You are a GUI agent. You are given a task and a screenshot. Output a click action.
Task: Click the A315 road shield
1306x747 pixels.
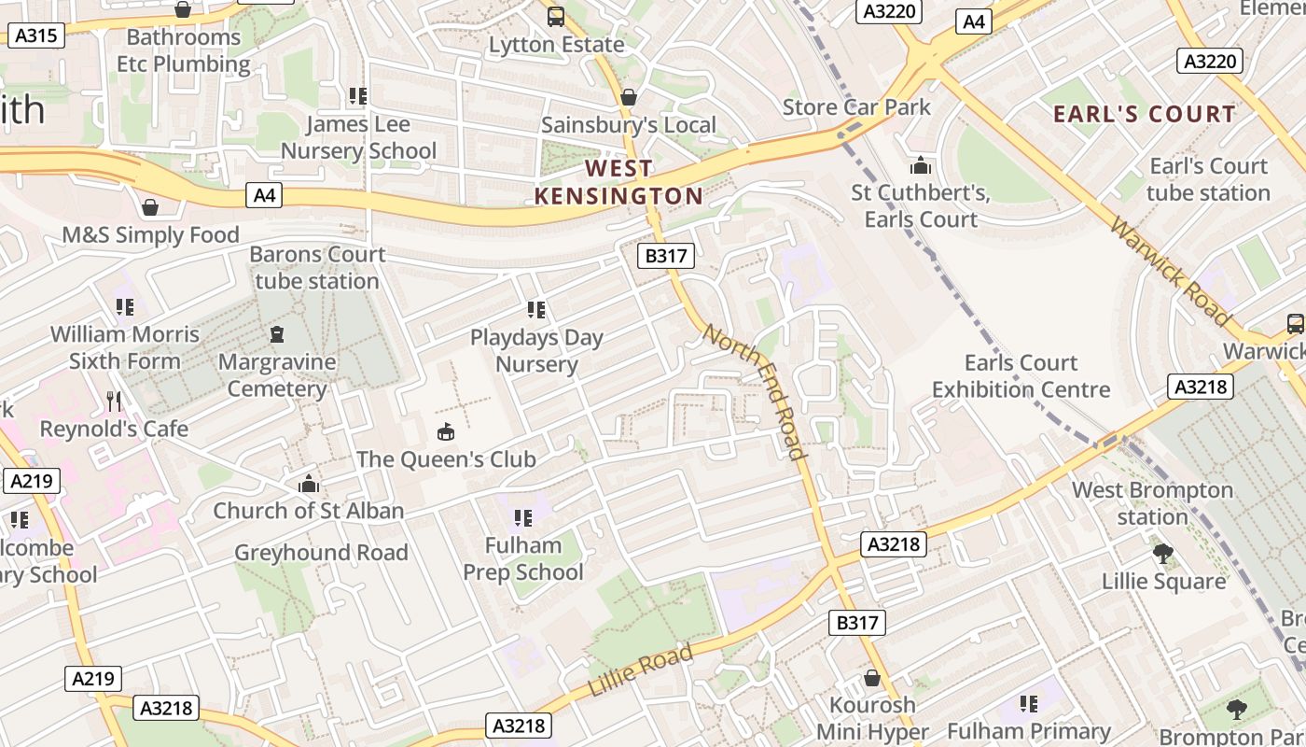tap(36, 36)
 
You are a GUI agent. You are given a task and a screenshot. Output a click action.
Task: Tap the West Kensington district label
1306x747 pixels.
tap(618, 182)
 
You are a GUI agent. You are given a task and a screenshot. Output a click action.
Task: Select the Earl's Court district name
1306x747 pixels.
tap(1144, 114)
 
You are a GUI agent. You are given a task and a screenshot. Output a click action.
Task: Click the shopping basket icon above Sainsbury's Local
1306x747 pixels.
tap(629, 97)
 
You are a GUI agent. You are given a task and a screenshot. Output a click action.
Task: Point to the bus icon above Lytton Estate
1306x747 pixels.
tap(556, 16)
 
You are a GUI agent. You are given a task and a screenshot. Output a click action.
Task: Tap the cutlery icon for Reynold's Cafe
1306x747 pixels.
tap(114, 402)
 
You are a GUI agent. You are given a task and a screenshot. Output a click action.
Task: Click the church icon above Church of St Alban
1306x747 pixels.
tap(309, 484)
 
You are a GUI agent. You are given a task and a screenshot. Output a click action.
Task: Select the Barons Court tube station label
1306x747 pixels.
tap(317, 267)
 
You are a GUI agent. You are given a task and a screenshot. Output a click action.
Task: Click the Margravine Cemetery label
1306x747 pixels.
tap(277, 374)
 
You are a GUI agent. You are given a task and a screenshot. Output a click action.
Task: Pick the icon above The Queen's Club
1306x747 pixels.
tap(446, 431)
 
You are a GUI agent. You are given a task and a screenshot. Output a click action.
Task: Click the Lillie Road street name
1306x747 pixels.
tap(641, 670)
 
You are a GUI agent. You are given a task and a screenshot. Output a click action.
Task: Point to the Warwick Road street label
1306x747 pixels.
tap(1171, 270)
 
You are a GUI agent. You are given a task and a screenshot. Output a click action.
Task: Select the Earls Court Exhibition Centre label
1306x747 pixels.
tap(1021, 375)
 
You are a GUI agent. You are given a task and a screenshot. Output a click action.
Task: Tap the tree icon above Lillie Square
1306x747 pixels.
tap(1163, 554)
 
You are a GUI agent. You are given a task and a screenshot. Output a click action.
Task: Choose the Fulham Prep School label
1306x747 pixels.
tap(523, 558)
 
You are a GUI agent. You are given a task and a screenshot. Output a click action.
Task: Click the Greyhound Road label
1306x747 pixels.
tap(321, 552)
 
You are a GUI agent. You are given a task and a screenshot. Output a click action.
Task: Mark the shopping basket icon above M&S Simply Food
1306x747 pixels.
tap(150, 207)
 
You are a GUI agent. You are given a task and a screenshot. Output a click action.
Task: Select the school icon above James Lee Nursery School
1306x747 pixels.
tap(358, 96)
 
